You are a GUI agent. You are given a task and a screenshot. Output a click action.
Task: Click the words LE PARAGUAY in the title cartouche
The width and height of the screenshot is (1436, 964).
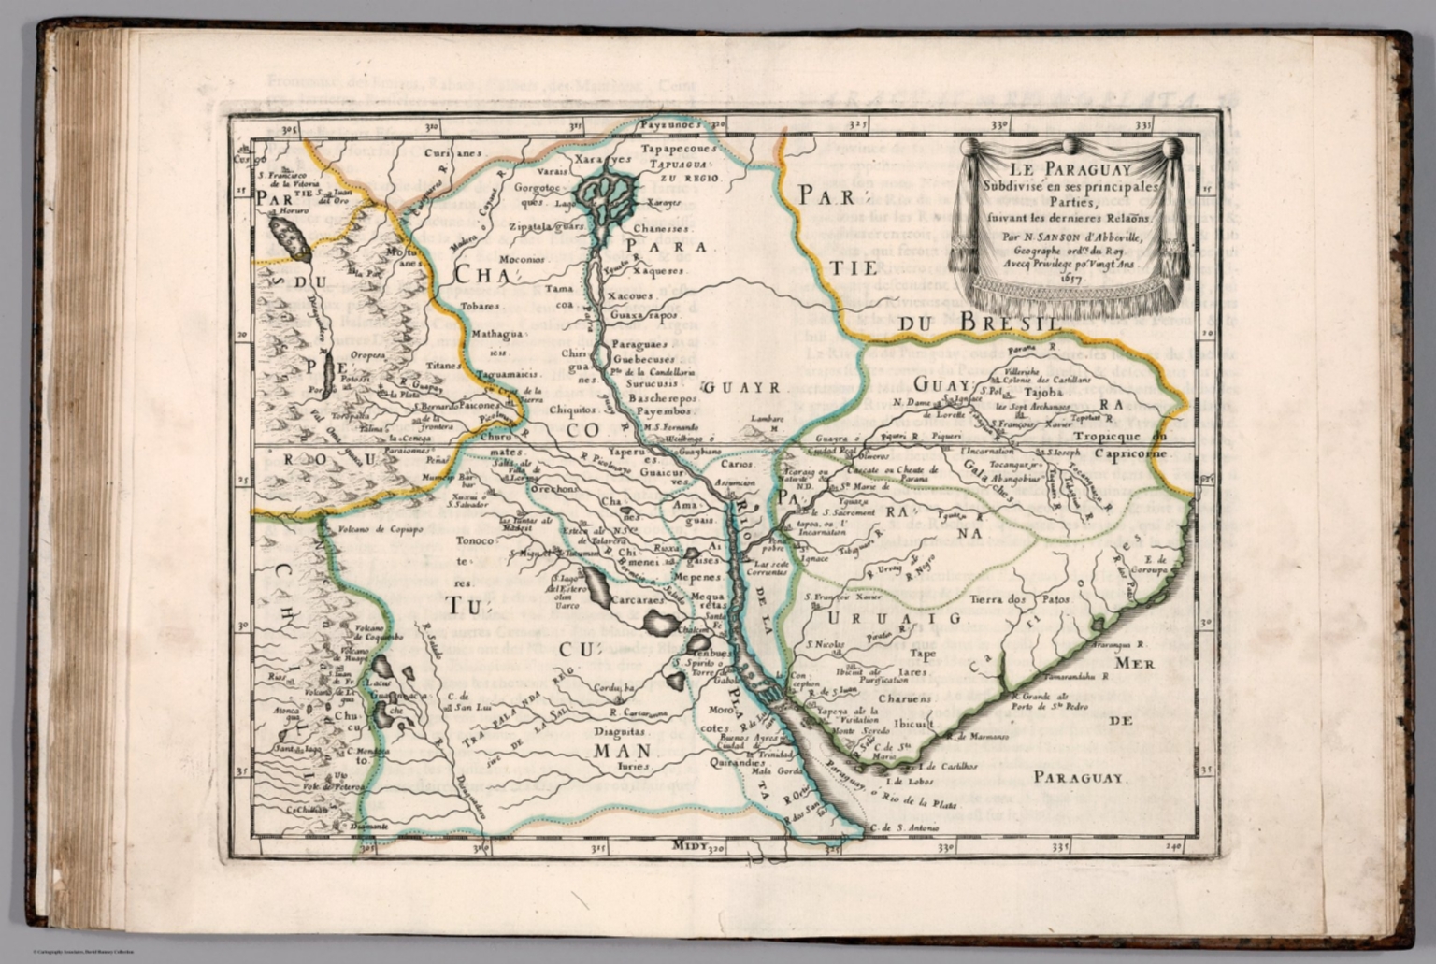coord(1071,169)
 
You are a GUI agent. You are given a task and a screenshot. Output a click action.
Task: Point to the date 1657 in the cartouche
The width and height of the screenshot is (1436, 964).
coord(1070,279)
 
